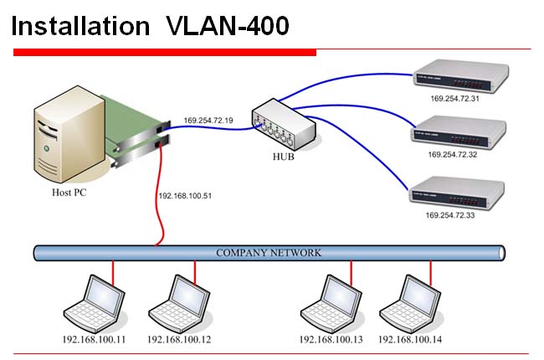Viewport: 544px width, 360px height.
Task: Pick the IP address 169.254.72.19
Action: (x=208, y=121)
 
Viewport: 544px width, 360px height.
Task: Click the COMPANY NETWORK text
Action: (x=268, y=252)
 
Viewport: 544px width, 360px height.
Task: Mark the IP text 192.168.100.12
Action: (x=180, y=340)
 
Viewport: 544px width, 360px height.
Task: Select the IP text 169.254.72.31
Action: (x=455, y=98)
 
